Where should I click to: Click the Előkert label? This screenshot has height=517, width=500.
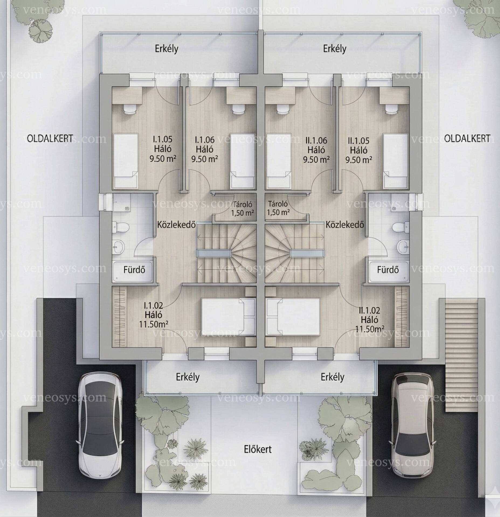click(x=258, y=449)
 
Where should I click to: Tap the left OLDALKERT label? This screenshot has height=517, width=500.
click(x=50, y=139)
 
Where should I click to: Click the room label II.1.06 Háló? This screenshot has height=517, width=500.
click(x=316, y=145)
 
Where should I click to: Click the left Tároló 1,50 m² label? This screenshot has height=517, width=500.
click(x=243, y=208)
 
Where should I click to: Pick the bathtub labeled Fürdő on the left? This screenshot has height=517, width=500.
click(x=133, y=270)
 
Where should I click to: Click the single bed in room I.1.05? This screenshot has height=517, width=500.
click(x=125, y=161)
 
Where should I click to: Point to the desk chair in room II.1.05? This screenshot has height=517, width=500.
click(x=389, y=109)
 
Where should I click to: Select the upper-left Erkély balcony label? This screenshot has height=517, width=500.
click(x=166, y=49)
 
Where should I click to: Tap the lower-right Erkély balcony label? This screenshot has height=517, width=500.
click(x=332, y=377)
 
